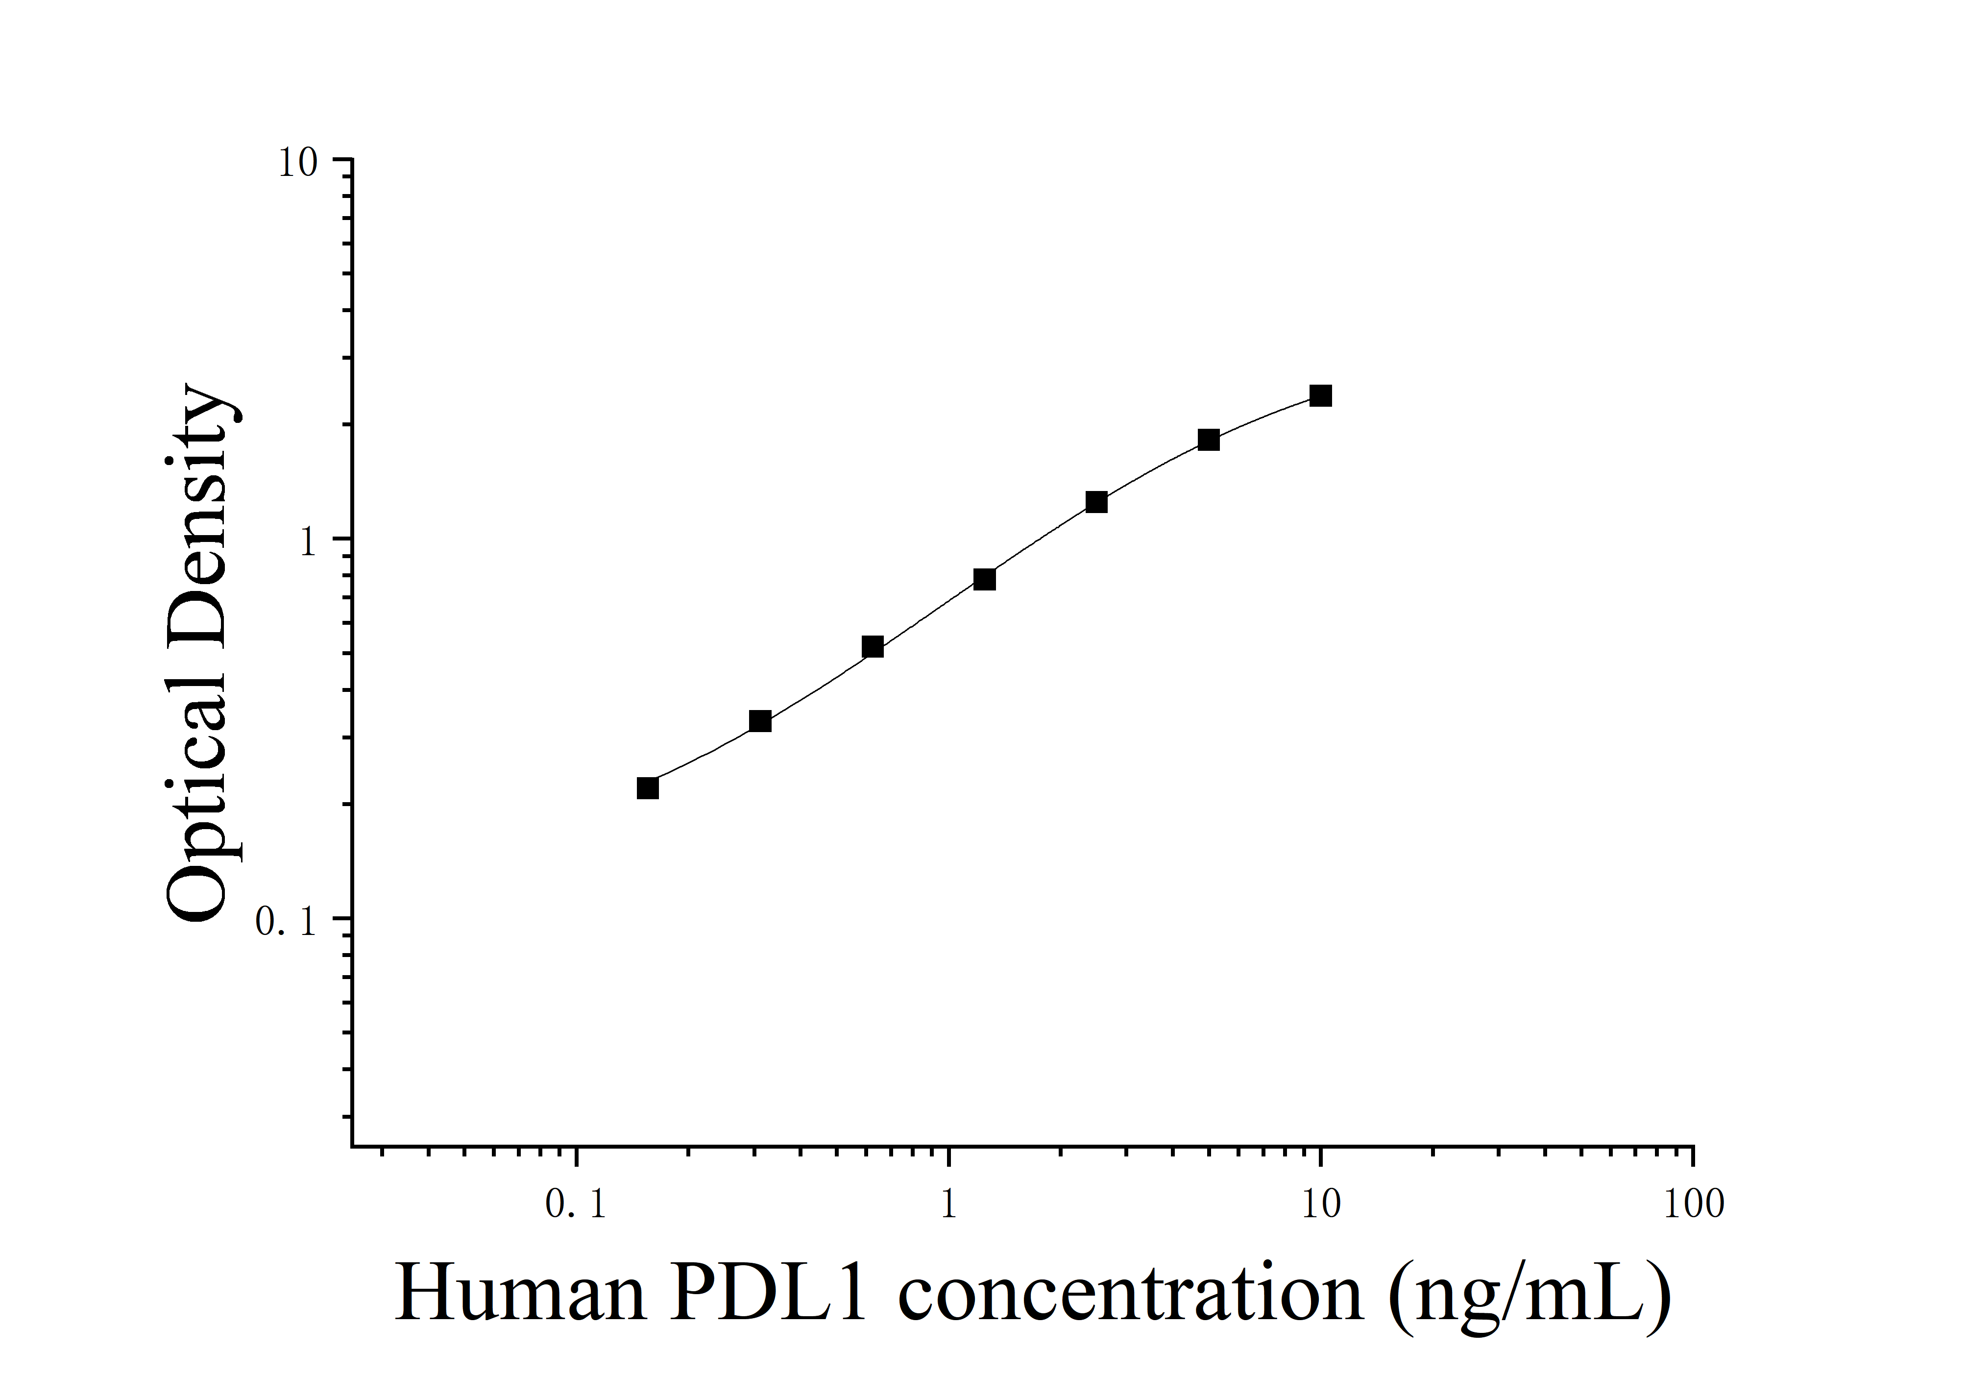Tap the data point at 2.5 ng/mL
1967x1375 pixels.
1096,502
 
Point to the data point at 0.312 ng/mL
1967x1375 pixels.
760,721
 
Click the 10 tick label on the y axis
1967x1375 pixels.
297,164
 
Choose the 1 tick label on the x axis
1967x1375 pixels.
948,1205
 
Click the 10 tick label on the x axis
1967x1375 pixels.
1320,1205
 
